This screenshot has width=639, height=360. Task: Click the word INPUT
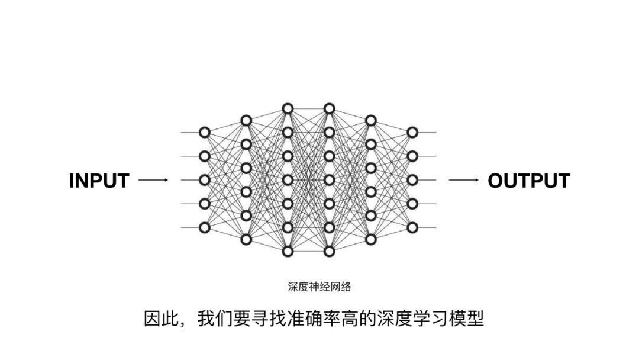point(99,181)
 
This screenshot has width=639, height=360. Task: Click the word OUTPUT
point(528,181)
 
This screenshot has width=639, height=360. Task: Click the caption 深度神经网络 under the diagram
point(319,287)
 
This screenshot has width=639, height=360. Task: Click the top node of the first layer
point(205,132)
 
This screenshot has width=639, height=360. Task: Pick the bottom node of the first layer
point(205,227)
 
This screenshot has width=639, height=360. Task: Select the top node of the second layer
point(246,120)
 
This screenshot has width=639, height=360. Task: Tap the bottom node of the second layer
point(246,239)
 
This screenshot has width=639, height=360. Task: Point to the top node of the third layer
point(288,108)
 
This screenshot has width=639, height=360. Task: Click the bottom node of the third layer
point(288,252)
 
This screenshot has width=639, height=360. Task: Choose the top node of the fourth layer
point(330,108)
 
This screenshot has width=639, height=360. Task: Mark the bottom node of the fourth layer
point(330,252)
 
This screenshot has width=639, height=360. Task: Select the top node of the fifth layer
point(371,120)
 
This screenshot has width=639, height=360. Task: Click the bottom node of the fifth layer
point(371,239)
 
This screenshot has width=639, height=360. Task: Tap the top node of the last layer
point(412,132)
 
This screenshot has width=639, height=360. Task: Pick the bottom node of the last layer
point(412,227)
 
